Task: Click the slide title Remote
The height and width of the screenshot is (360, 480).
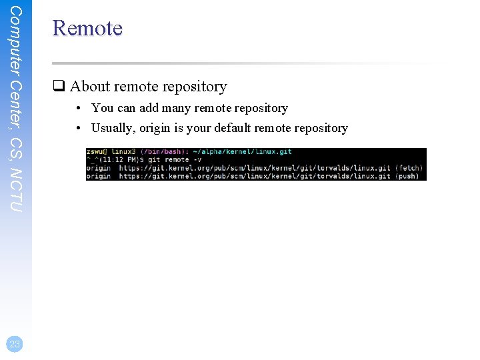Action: tap(87, 29)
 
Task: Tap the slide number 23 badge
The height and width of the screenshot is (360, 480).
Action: tap(15, 344)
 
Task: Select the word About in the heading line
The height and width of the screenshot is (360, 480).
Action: tap(90, 87)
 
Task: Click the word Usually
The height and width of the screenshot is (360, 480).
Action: tap(113, 128)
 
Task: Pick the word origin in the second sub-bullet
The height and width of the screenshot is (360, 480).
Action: tap(157, 128)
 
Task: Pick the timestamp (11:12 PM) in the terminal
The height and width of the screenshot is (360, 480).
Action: tap(116, 161)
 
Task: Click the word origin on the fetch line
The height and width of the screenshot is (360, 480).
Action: tap(99, 169)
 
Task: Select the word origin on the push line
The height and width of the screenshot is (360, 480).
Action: tap(99, 176)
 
